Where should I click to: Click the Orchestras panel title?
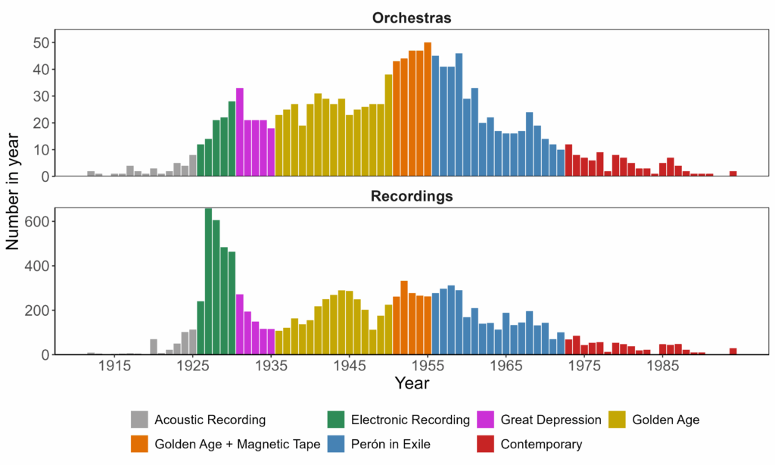(x=412, y=18)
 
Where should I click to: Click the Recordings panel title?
(x=412, y=196)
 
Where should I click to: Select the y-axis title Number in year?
(x=13, y=191)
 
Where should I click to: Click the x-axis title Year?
(x=412, y=384)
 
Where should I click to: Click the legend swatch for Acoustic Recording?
(x=139, y=420)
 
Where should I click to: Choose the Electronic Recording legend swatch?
(x=336, y=420)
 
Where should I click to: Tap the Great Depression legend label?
(x=551, y=420)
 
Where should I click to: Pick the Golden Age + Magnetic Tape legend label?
(x=238, y=444)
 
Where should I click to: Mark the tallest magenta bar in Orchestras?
(x=240, y=133)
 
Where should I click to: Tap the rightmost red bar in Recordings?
(x=733, y=351)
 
